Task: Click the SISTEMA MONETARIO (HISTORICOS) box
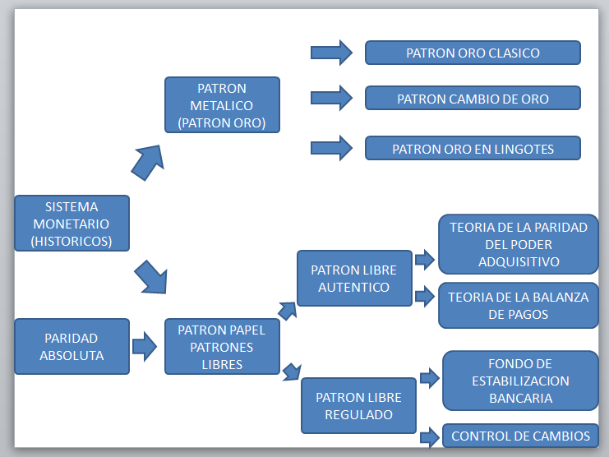coord(72,224)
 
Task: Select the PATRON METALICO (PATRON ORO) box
coord(222,105)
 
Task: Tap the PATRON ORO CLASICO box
coord(473,53)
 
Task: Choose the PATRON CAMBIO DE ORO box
coord(473,99)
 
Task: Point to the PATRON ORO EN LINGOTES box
coord(473,149)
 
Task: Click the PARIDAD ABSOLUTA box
coord(72,346)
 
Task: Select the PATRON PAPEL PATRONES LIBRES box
coord(222,347)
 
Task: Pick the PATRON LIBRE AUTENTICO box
coord(353,279)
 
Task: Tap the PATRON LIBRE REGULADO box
coord(358,406)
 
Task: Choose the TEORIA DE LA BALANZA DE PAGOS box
coord(518,305)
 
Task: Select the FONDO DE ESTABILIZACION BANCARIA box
coord(519,381)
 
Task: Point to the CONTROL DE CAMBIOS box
coord(520,436)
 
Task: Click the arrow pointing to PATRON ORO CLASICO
coord(331,53)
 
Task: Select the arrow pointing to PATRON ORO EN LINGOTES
coord(331,149)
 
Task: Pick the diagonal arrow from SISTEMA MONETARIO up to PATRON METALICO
coord(147,161)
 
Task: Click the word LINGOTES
coord(525,149)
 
